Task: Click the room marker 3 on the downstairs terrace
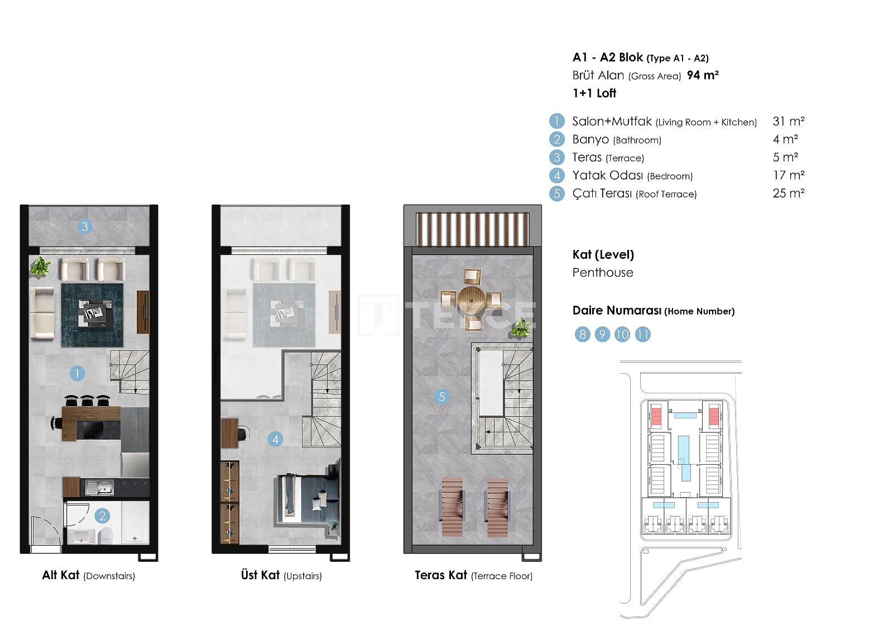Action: tap(84, 227)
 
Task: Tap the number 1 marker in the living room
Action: tap(77, 373)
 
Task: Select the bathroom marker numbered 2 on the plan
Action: tap(103, 516)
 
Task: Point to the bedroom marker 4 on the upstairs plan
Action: tap(276, 439)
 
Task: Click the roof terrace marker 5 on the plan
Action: tap(441, 397)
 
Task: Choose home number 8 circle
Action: tap(583, 334)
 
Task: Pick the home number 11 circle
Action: tap(642, 334)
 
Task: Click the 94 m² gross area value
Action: tap(703, 75)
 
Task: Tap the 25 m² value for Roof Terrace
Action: tap(789, 194)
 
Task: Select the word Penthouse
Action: tap(603, 273)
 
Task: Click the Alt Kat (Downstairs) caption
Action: tap(89, 575)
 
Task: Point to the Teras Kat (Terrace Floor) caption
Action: tap(474, 575)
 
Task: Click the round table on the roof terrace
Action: tap(471, 299)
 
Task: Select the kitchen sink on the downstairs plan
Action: tap(100, 488)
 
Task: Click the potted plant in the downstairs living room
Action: tap(40, 266)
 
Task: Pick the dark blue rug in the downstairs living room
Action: tap(92, 315)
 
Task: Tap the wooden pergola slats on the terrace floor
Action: tap(472, 229)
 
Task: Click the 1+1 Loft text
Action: tap(594, 93)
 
